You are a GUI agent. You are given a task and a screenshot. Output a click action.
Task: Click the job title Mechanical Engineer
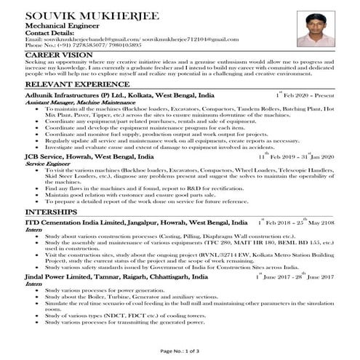click(55, 27)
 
